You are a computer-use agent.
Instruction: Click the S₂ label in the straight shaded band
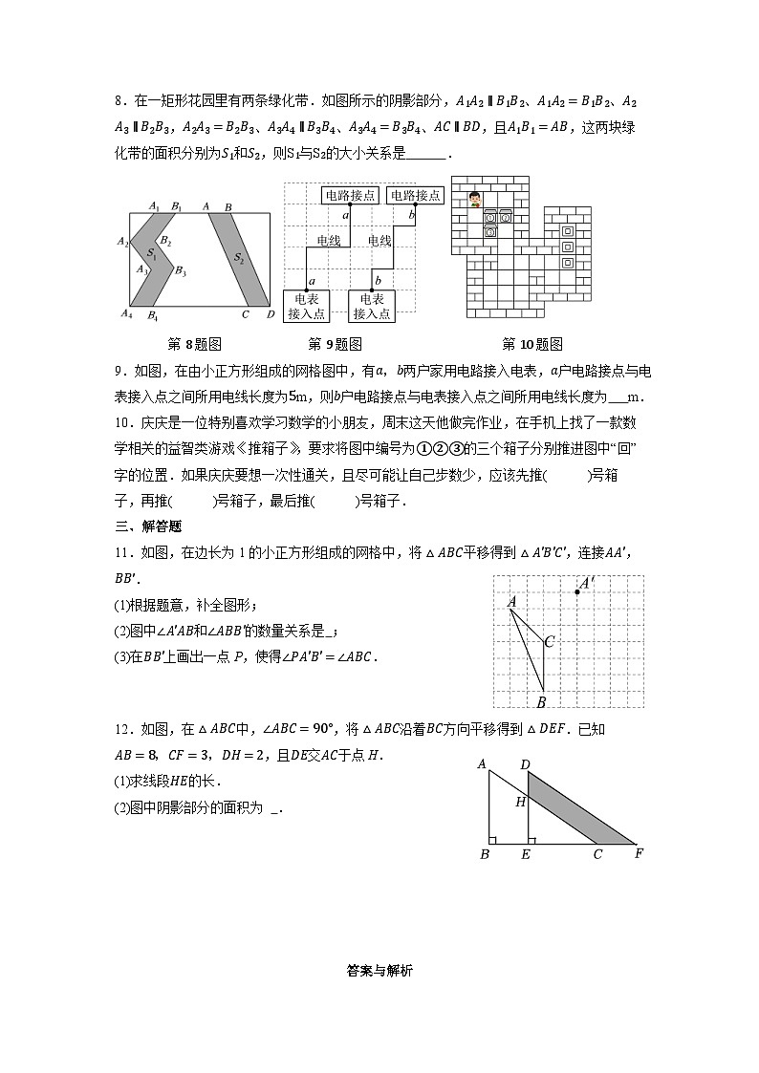click(x=239, y=258)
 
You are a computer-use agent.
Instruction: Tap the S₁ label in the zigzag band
click(x=151, y=253)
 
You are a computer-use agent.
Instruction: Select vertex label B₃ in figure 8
click(x=179, y=271)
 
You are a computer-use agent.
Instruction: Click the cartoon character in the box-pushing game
click(x=474, y=199)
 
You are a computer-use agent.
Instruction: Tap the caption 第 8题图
click(x=194, y=345)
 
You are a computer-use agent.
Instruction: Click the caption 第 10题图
click(x=531, y=345)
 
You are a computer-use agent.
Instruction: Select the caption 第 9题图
click(x=335, y=345)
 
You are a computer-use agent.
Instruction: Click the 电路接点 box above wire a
click(x=350, y=195)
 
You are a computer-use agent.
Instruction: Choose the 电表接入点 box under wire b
click(x=372, y=306)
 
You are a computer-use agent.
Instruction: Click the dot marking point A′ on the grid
click(x=577, y=592)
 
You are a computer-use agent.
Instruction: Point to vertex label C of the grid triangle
click(x=549, y=642)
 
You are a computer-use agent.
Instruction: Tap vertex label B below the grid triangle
click(x=541, y=702)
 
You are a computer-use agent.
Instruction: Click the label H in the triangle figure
click(x=520, y=802)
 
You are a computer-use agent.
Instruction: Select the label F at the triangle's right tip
click(x=639, y=853)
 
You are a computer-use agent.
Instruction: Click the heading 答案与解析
click(x=379, y=971)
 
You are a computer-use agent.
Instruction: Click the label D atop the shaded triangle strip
click(x=525, y=764)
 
